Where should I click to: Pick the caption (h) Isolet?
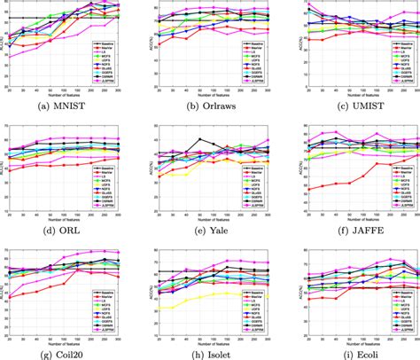pyautogui.click(x=209, y=354)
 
